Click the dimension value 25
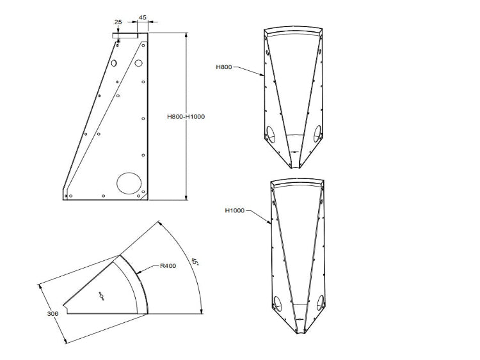118,22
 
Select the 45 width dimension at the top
142,18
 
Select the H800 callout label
224,67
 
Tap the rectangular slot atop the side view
125,37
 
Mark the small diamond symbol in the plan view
100,295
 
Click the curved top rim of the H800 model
295,33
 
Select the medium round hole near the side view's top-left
113,64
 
